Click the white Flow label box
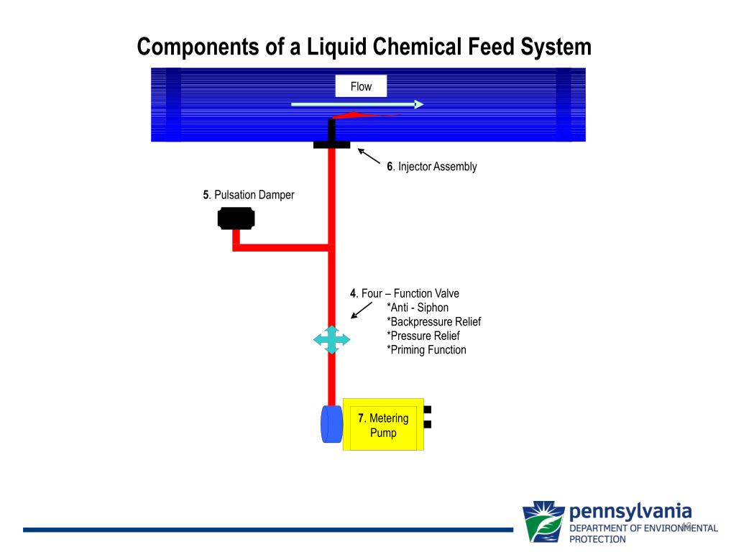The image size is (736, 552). coord(361,86)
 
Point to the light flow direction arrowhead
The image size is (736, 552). coord(419,104)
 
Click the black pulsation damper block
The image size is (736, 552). coord(236,218)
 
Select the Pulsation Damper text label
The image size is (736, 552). coord(248,195)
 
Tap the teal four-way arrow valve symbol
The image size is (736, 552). coord(332,339)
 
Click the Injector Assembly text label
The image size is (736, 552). coord(432,167)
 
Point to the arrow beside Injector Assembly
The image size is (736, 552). coord(369,156)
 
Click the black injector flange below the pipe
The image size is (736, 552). coord(332,145)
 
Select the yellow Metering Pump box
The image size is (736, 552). coord(384,424)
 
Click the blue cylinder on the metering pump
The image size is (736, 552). coord(332,424)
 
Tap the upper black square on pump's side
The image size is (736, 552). coord(428,410)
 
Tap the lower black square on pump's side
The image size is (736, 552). coord(428,424)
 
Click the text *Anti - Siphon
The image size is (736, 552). coord(418,308)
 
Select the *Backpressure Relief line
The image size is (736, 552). coord(434,321)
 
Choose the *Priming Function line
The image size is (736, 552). coord(427,350)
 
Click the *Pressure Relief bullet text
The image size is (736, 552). coord(423,336)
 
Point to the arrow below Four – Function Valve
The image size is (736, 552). coord(362,310)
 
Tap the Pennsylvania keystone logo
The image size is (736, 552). coord(543,522)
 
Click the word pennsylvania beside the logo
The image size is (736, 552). coord(630,512)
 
